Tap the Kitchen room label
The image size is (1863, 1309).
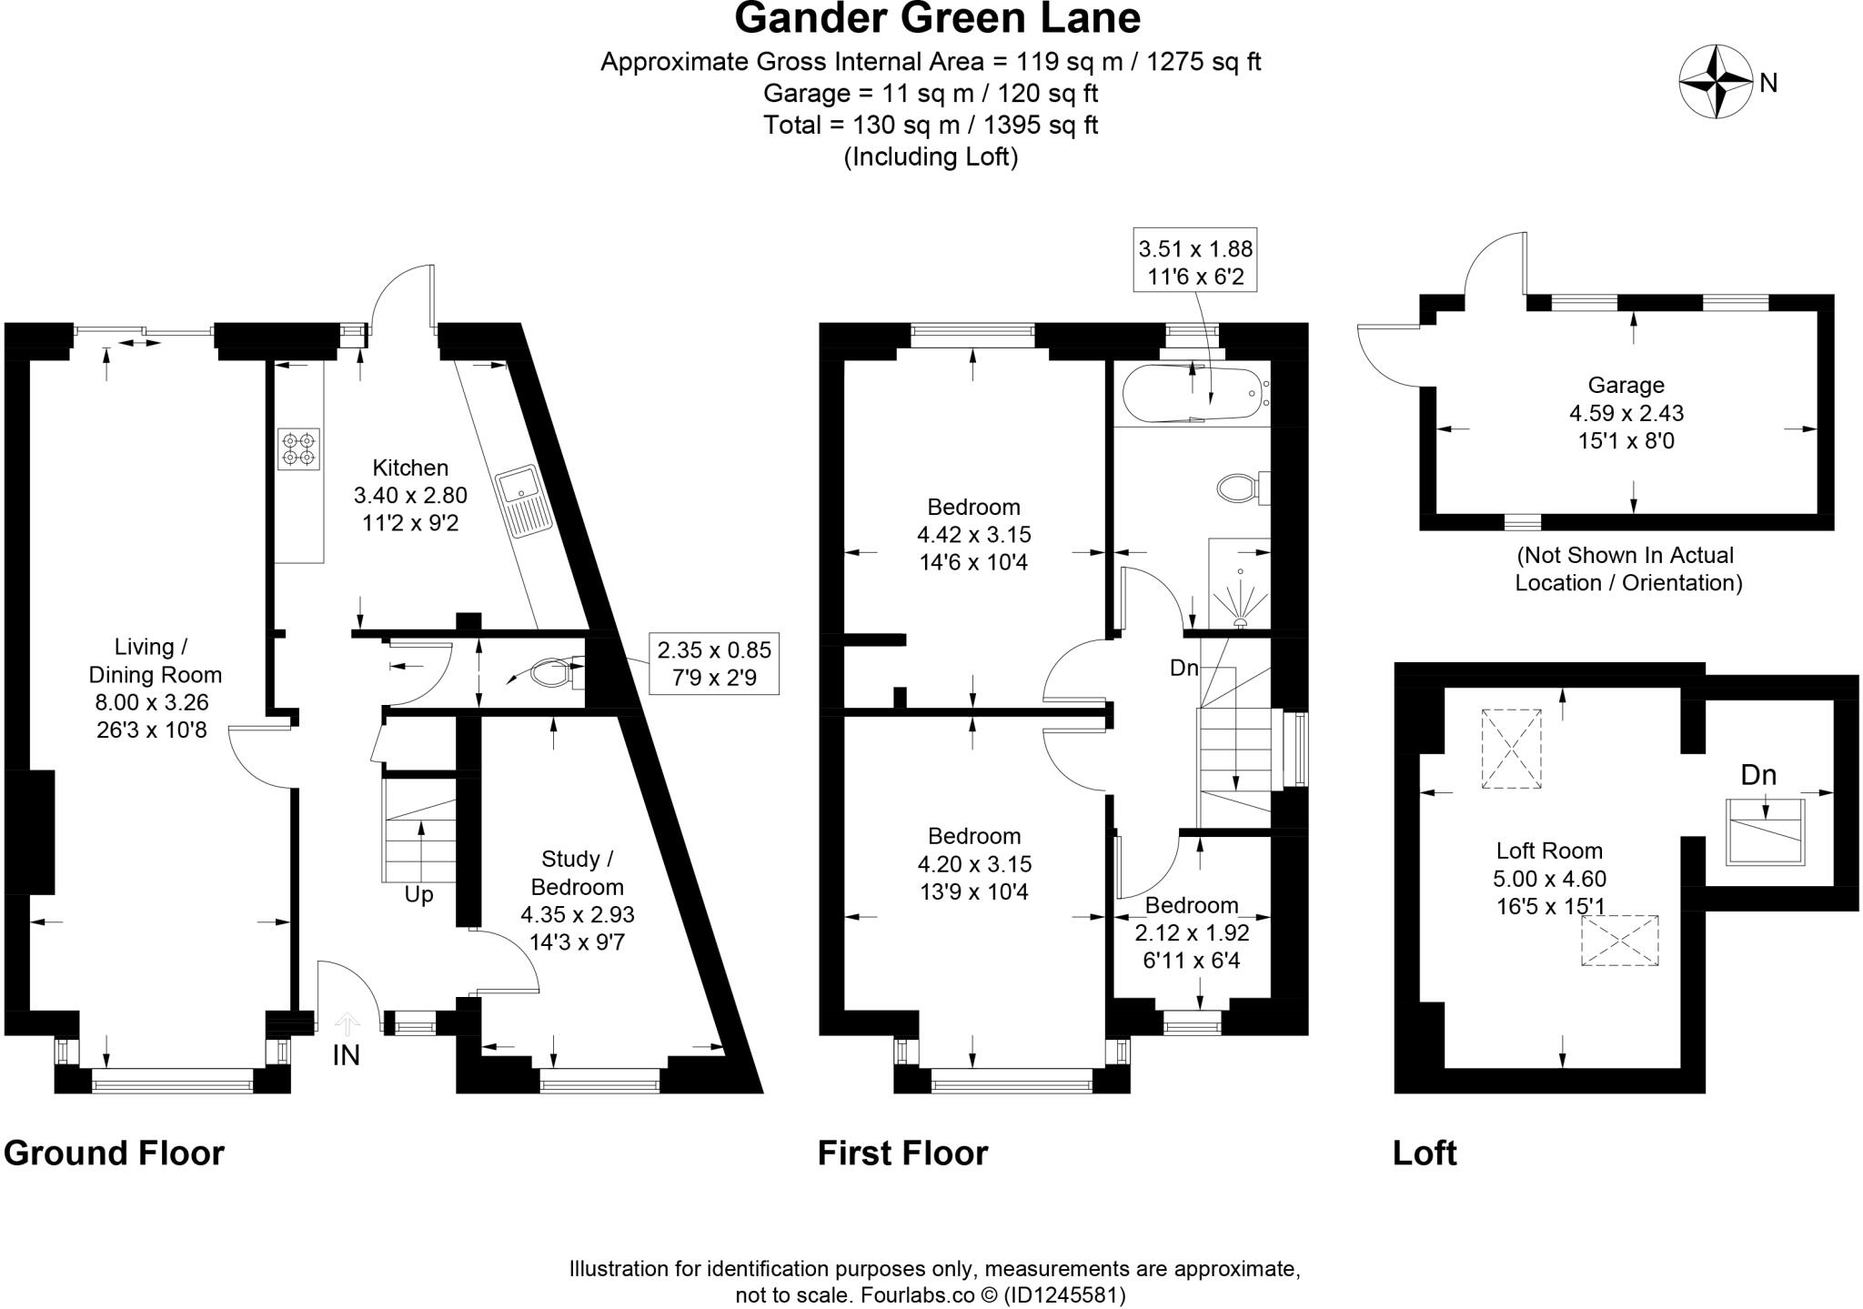click(410, 468)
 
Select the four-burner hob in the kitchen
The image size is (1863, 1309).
click(298, 449)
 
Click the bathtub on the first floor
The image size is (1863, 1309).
click(1193, 394)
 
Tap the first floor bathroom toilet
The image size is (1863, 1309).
click(1242, 488)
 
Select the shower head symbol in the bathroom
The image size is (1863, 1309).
click(1240, 623)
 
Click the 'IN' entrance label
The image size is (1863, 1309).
click(346, 1055)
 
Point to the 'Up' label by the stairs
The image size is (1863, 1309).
click(418, 895)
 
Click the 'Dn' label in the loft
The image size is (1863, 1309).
click(1758, 775)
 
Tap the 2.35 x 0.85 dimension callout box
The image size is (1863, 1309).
click(714, 663)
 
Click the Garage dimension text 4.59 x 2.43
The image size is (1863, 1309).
click(1626, 413)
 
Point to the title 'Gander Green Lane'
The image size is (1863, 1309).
click(937, 18)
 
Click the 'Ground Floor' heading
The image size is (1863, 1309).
click(114, 1153)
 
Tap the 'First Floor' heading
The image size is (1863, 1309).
click(902, 1153)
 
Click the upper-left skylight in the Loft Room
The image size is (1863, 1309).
click(1511, 748)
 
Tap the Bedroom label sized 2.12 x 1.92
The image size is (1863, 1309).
click(1192, 906)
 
